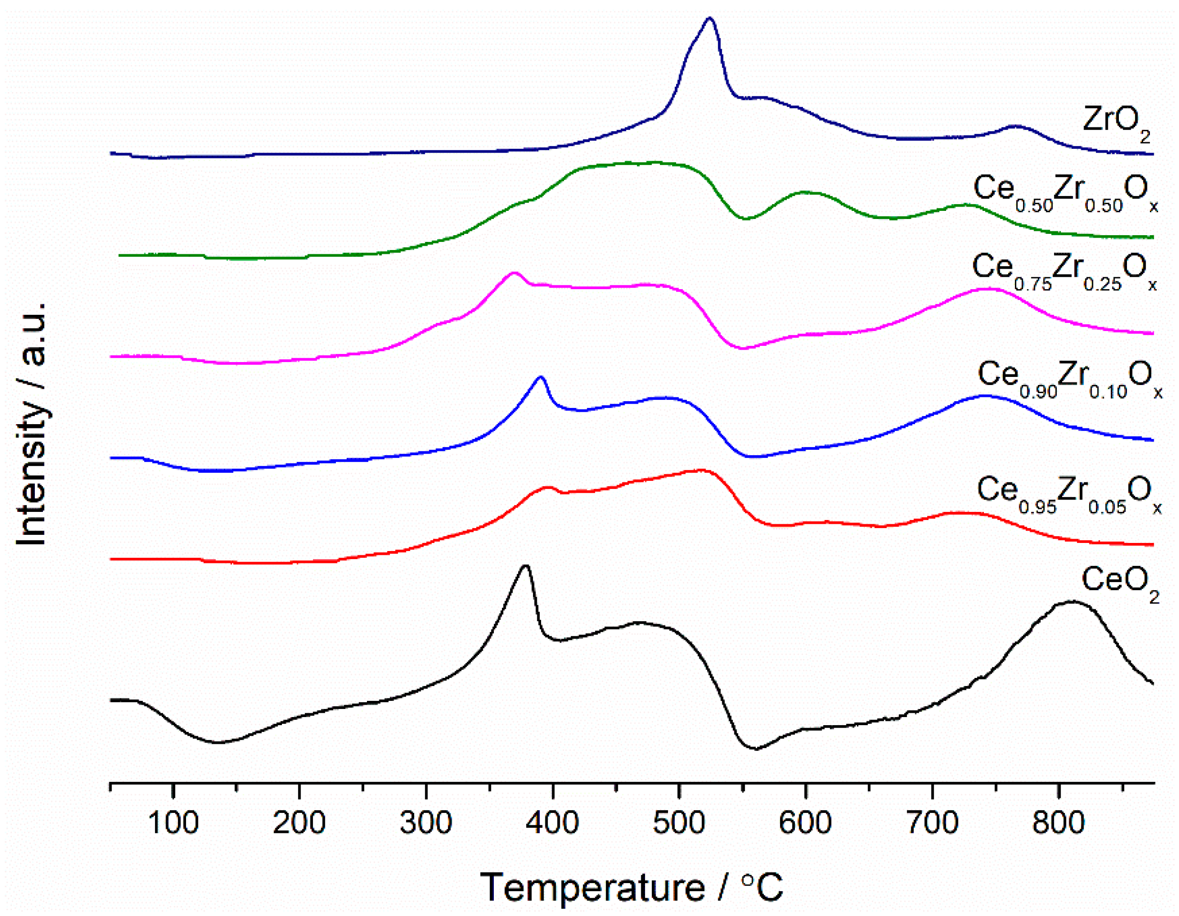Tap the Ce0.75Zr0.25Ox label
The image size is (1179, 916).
tap(1064, 271)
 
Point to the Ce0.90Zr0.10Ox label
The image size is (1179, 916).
tap(1069, 379)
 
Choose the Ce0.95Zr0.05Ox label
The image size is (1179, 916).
tap(1068, 495)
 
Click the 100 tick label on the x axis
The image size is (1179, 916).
tap(173, 822)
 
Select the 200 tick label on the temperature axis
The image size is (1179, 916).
tap(299, 822)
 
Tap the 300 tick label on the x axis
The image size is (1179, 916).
tap(426, 822)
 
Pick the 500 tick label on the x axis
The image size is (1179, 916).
tap(679, 822)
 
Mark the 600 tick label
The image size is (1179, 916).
tap(805, 822)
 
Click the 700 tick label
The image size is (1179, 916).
tap(932, 822)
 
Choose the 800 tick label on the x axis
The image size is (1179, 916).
tap(1059, 822)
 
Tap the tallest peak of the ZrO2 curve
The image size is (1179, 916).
tap(709, 19)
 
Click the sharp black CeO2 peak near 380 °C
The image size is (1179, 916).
tap(525, 566)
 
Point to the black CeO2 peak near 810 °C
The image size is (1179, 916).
tap(1072, 601)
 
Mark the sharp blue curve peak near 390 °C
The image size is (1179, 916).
tap(541, 377)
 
